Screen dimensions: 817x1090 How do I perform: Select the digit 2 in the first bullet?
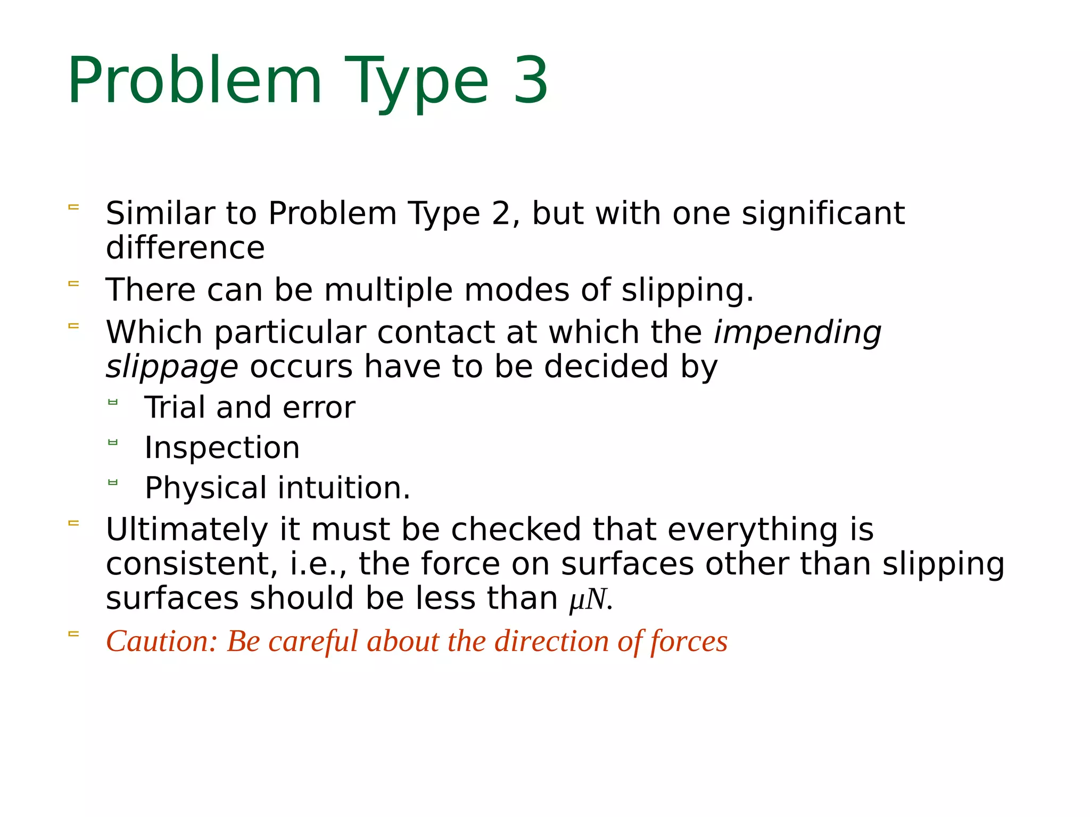[501, 213]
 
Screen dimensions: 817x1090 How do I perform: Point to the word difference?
[185, 248]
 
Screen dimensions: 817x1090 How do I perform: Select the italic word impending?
[797, 333]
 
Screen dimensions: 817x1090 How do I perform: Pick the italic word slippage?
[171, 367]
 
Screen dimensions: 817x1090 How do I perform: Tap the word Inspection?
[222, 448]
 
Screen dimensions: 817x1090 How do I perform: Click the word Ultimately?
[187, 530]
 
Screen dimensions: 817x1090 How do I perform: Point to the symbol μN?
[588, 599]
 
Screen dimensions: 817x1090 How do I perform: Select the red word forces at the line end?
[689, 641]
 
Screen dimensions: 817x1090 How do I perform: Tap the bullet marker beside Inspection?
[112, 442]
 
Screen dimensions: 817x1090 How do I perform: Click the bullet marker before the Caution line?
[73, 633]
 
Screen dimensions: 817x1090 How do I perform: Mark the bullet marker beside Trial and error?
[112, 402]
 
